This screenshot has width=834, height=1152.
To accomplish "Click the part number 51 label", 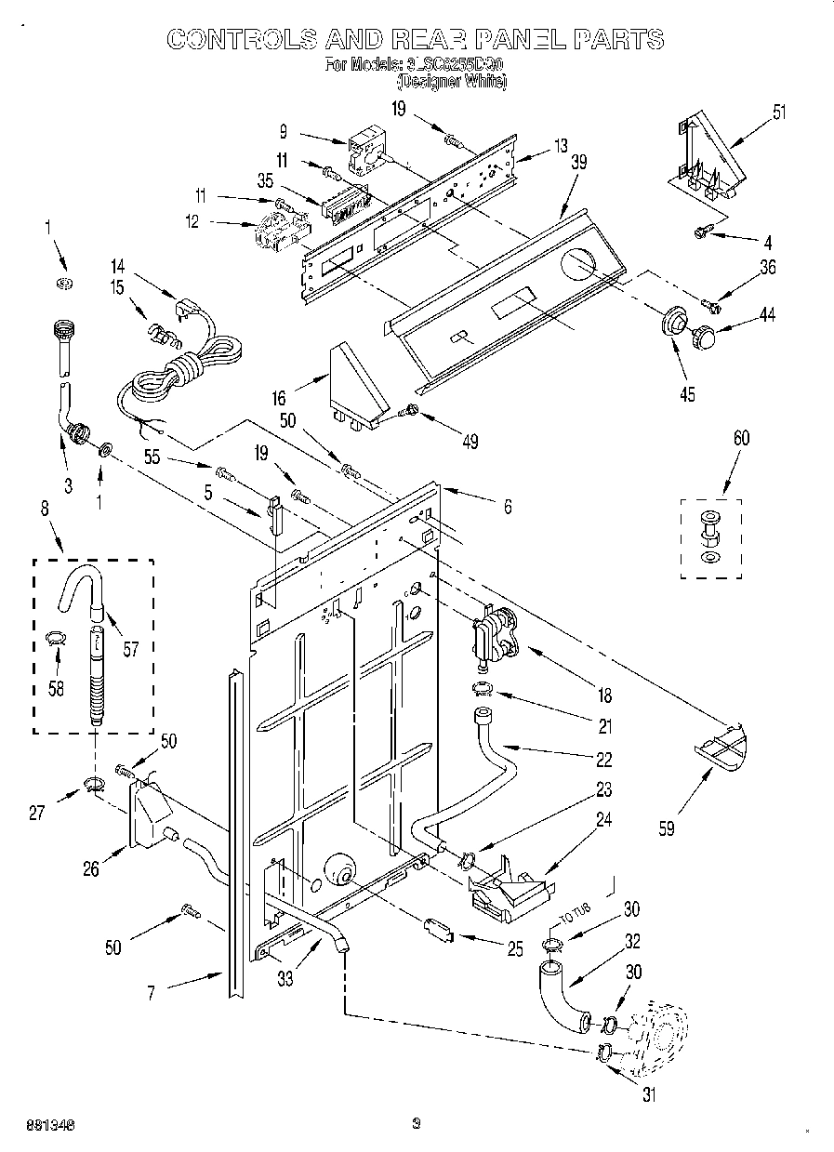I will click(778, 113).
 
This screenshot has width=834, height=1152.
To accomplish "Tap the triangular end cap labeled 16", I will click(355, 381).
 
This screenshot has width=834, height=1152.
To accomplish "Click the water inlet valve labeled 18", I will click(493, 637).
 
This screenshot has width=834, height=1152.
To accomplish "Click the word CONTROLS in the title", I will click(240, 38).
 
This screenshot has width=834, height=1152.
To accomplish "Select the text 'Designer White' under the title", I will click(459, 82).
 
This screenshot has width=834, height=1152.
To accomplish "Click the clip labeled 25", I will click(438, 927).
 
